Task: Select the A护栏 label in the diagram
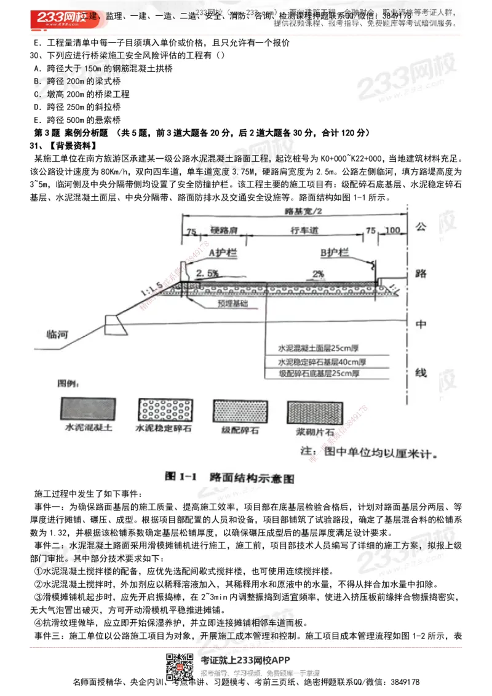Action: [220, 252]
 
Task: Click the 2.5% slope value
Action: [207, 272]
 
